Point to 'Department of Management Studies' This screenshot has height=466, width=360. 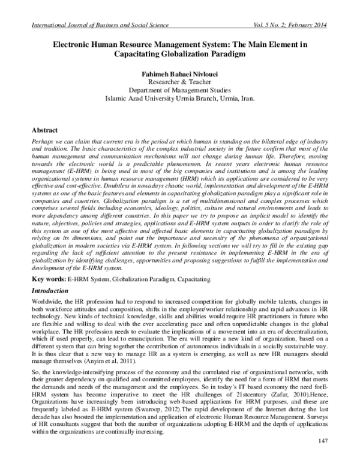coord(180,93)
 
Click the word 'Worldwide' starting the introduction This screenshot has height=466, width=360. coord(48,300)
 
